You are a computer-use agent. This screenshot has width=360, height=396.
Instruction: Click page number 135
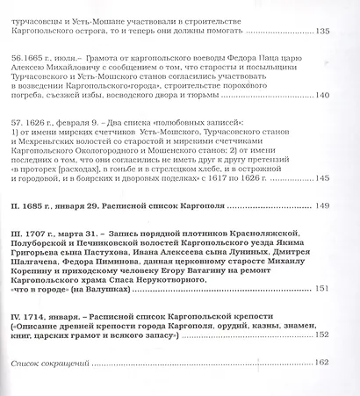pyautogui.click(x=320, y=32)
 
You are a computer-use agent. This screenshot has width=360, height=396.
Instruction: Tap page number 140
pyautogui.click(x=320, y=96)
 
